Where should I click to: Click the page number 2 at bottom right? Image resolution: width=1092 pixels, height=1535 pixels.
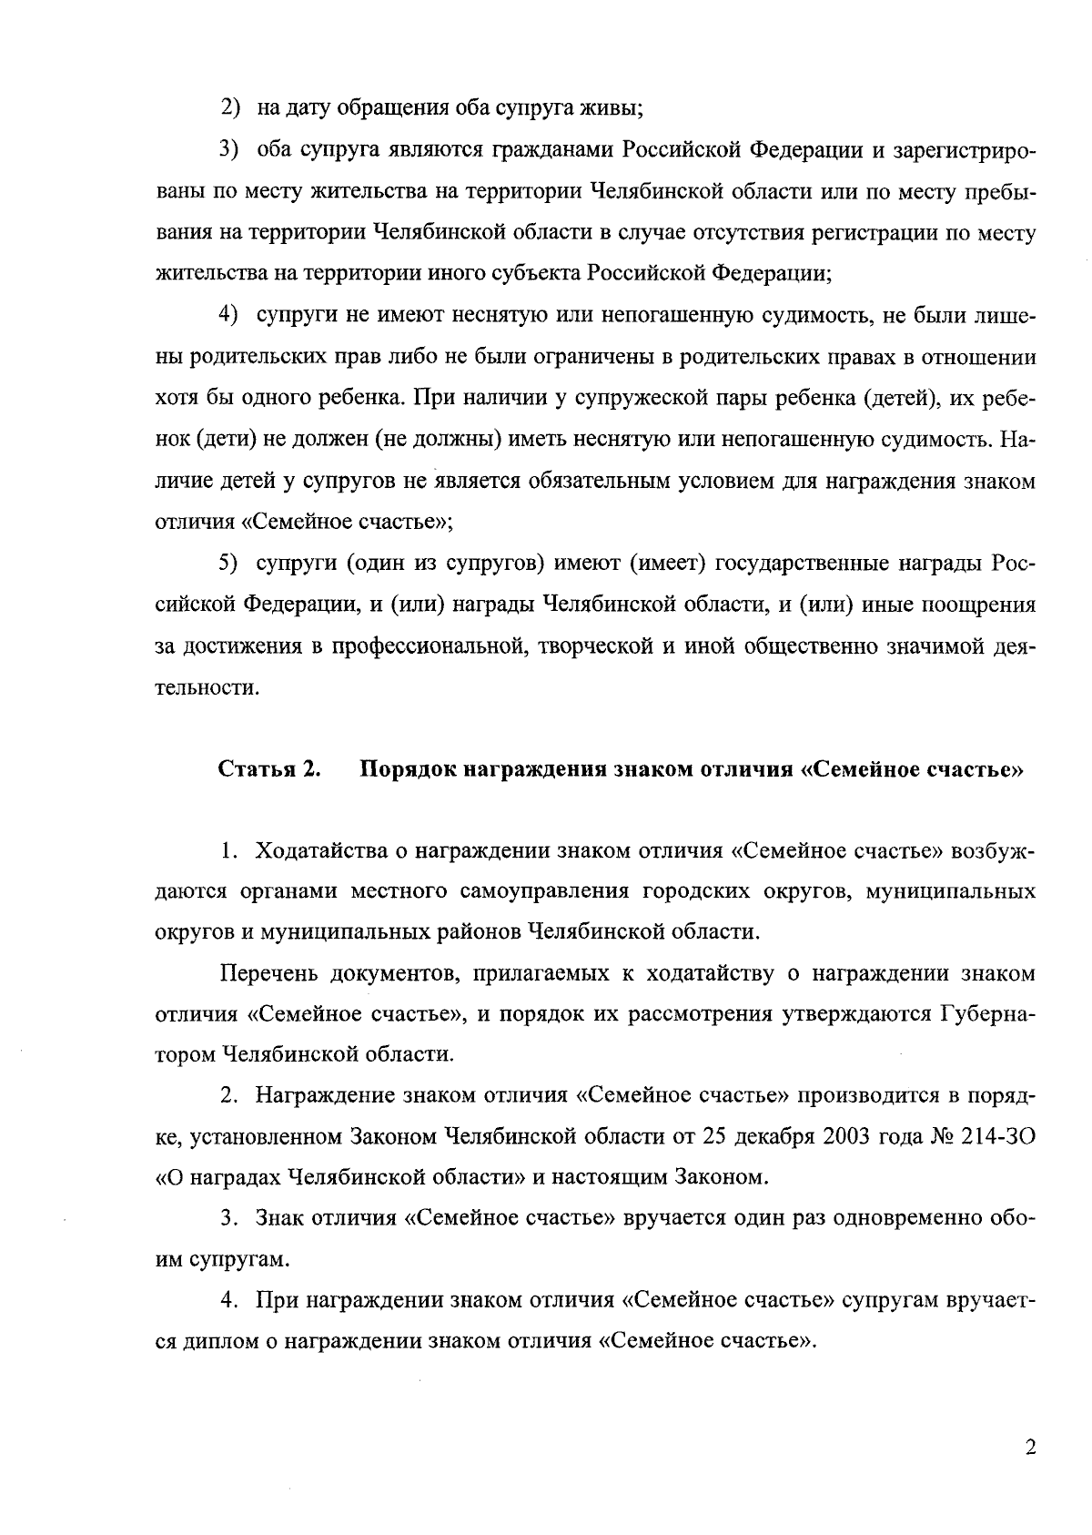(x=1029, y=1448)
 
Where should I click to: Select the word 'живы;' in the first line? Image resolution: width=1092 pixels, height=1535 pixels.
(x=614, y=107)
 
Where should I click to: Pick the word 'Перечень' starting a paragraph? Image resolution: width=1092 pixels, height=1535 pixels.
(x=268, y=973)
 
